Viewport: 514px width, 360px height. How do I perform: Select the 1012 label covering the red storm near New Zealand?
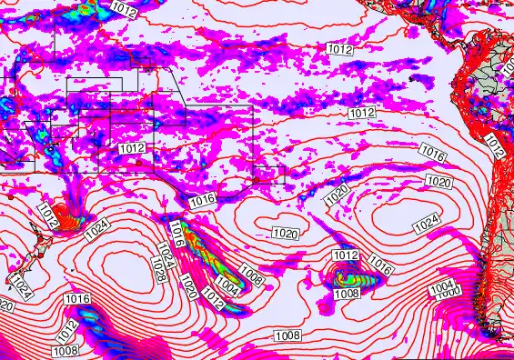48,215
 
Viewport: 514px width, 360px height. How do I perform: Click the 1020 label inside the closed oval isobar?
286,234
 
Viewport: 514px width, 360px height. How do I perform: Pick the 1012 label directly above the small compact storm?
346,255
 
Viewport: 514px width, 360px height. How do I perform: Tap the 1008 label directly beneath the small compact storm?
347,294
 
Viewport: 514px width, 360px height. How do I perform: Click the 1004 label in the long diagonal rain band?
228,288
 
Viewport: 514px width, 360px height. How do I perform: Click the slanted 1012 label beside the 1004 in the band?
213,295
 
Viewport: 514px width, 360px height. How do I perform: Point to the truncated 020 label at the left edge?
5,306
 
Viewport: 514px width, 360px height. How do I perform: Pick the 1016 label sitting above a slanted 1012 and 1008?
76,299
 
